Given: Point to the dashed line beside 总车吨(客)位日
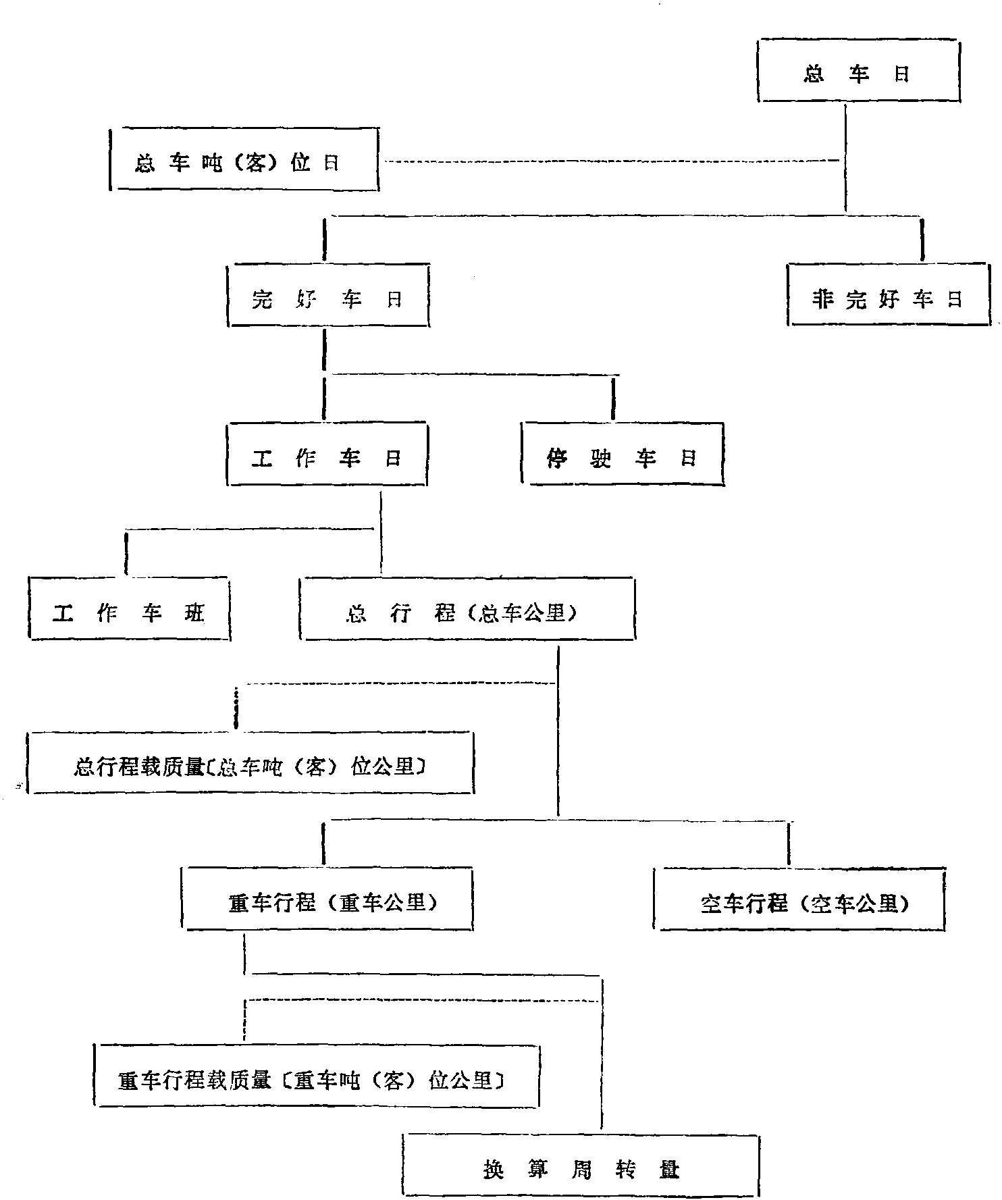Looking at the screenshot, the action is point(612,161).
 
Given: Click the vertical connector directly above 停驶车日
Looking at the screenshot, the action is point(613,398).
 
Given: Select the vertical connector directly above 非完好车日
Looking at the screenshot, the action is point(922,239).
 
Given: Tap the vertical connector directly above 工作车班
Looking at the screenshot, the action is point(126,552).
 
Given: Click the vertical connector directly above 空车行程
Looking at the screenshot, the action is point(789,843).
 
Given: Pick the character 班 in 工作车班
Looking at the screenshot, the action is point(194,612).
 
